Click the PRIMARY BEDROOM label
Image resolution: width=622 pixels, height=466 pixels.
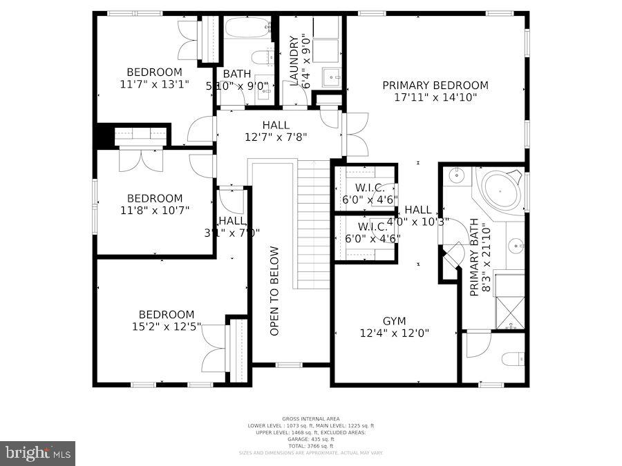pyautogui.click(x=435, y=86)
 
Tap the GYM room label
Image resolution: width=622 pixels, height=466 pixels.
pyautogui.click(x=395, y=321)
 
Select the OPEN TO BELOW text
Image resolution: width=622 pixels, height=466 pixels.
pyautogui.click(x=274, y=291)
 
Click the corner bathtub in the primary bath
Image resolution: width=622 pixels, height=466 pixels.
pyautogui.click(x=502, y=190)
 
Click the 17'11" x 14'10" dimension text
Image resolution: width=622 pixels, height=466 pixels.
pyautogui.click(x=435, y=97)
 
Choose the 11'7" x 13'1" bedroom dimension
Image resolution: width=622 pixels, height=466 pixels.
pyautogui.click(x=153, y=84)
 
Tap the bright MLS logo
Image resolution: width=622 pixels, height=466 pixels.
pyautogui.click(x=39, y=453)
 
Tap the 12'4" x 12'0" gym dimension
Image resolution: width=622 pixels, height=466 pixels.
pyautogui.click(x=395, y=333)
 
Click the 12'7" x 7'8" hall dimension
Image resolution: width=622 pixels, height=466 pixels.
pyautogui.click(x=276, y=137)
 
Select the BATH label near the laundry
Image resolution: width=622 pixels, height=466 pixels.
pyautogui.click(x=237, y=73)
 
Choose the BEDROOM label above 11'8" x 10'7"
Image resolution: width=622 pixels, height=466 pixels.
pyautogui.click(x=155, y=198)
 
